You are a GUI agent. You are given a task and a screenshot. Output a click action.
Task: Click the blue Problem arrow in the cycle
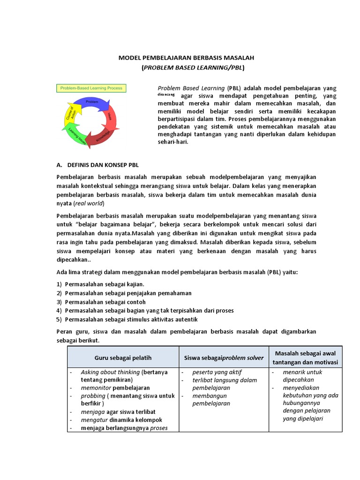coord(92,102)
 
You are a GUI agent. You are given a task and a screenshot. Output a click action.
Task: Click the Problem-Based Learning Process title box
coord(90,88)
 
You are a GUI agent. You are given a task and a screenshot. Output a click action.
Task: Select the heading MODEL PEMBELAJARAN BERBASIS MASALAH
coord(193,58)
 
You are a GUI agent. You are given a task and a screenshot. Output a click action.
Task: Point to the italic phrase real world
coord(89,204)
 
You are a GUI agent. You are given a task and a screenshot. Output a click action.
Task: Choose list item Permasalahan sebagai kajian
coord(105,284)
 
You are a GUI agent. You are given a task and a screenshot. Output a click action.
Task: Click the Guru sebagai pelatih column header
coord(123,358)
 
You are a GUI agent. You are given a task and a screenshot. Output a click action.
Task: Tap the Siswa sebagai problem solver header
coord(224,358)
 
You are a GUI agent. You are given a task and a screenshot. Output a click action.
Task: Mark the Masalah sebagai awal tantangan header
coord(308,358)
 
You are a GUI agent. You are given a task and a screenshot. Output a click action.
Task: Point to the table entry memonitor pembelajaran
coord(115,388)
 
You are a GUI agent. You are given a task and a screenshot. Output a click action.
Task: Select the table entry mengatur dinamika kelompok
coord(121,420)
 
